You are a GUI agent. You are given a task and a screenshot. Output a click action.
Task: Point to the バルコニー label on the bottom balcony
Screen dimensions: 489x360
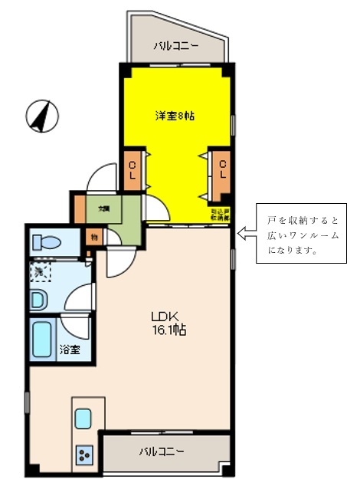(161, 451)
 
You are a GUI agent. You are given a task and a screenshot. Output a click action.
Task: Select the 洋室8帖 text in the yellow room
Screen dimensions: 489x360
(175, 116)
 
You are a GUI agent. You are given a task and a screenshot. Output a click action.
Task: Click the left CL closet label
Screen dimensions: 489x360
(133, 169)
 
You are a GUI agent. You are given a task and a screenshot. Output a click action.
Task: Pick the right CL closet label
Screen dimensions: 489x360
(221, 169)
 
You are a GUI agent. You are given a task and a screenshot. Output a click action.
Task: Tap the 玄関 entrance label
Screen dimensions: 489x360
(103, 208)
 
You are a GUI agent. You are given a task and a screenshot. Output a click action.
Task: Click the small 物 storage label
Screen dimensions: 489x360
(93, 237)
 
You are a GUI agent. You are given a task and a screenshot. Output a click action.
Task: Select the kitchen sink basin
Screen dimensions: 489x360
(83, 419)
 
